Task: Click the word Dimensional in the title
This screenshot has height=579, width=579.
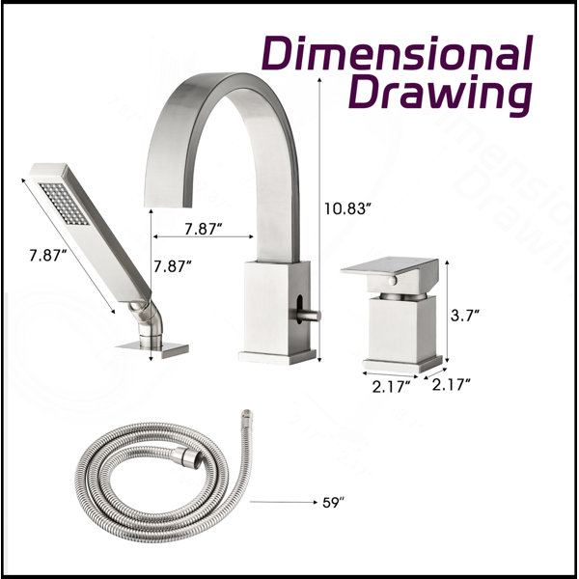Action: [x=398, y=53]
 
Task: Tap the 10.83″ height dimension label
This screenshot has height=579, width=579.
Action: [x=346, y=209]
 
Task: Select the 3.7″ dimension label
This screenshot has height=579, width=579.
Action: [x=465, y=316]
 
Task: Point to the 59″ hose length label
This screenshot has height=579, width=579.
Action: [x=333, y=503]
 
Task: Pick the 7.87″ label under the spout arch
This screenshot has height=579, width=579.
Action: [x=204, y=229]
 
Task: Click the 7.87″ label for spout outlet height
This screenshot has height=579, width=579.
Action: [x=173, y=266]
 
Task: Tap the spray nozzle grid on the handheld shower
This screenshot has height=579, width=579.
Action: [x=64, y=204]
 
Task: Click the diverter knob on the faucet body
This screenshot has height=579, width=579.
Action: [x=309, y=316]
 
